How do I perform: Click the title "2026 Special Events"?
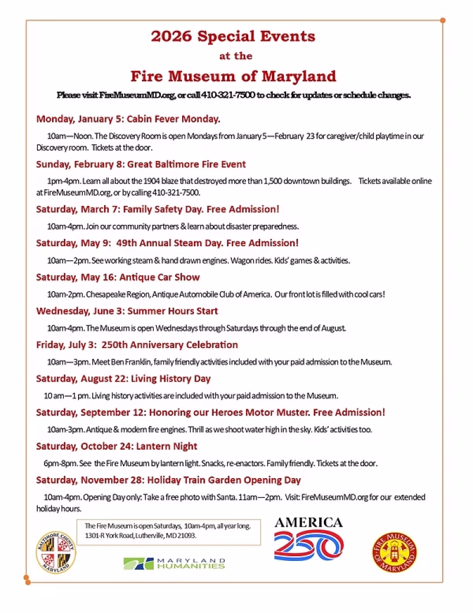click(x=233, y=36)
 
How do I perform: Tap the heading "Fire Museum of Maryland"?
click(x=233, y=76)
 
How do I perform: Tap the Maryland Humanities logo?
click(x=174, y=563)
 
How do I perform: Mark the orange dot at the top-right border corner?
click(x=442, y=20)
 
